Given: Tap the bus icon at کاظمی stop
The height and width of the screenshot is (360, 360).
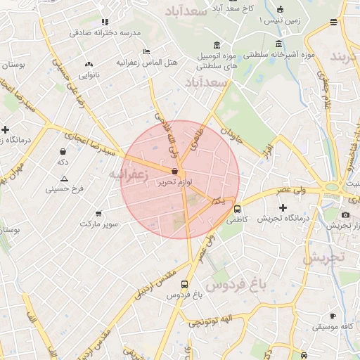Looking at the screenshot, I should click(x=237, y=209).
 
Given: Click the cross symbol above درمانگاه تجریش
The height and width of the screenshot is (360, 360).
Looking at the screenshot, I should click(x=283, y=207).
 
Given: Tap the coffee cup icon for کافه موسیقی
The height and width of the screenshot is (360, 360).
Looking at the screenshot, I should click(x=333, y=316).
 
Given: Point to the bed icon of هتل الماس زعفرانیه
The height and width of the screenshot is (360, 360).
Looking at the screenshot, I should click(x=146, y=52).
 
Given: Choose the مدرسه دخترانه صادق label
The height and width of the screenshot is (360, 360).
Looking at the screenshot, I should click(x=105, y=33).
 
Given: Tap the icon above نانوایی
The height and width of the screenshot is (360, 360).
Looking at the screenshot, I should click(x=89, y=64).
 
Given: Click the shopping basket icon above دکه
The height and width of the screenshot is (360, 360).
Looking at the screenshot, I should click(x=63, y=151).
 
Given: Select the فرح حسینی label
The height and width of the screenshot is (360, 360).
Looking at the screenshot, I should click(x=65, y=189).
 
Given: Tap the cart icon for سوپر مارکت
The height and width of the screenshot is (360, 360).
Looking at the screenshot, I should click(x=98, y=213).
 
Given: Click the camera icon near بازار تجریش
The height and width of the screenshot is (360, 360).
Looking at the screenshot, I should click(x=345, y=214).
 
